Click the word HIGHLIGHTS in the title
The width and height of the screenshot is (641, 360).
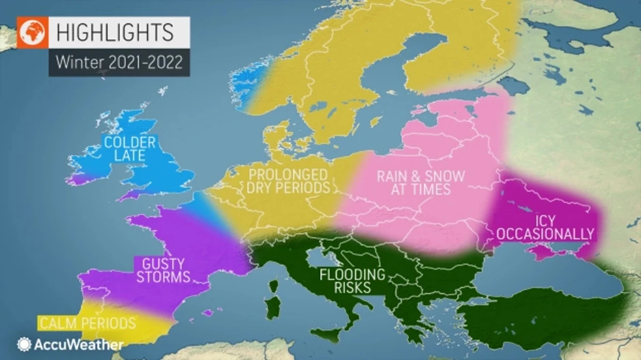tap(114, 32)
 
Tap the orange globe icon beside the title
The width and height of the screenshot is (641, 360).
tap(32, 32)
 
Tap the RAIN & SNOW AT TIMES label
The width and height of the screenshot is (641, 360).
tap(420, 182)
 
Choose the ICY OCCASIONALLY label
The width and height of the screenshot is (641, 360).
tap(545, 227)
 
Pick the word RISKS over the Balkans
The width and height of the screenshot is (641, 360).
tap(353, 288)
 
